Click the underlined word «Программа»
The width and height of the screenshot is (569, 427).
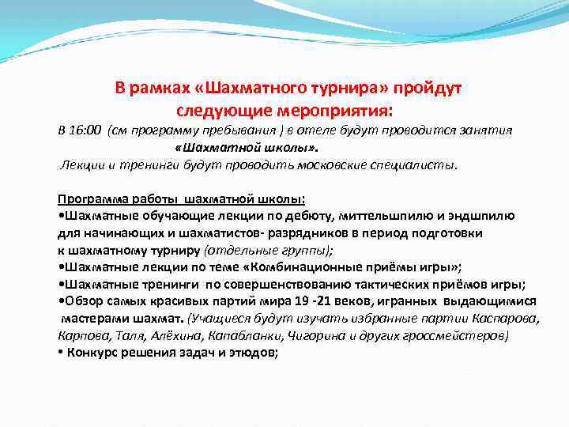[89, 198]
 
